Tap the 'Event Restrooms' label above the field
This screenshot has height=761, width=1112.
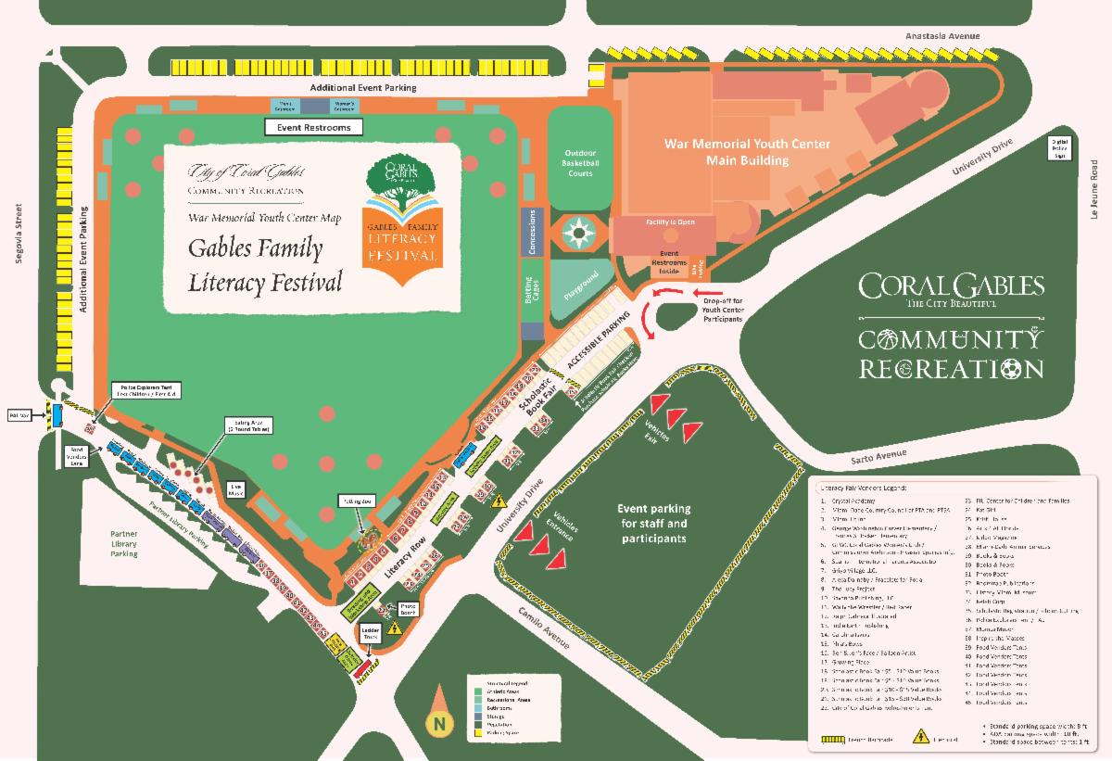point(313,127)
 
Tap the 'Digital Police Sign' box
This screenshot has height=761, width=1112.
point(1059,148)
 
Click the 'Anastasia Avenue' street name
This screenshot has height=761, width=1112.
point(942,37)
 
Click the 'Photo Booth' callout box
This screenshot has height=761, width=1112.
point(409,609)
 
